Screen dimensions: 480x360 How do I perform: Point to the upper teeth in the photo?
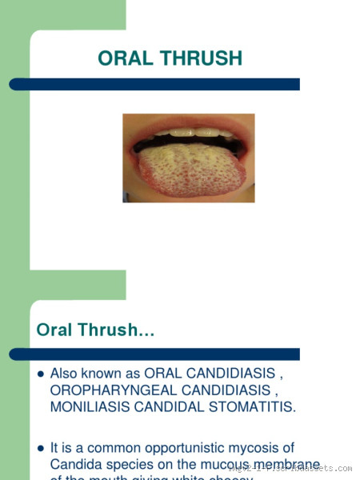coord(189,133)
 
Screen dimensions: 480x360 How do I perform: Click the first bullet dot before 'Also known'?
coord(41,374)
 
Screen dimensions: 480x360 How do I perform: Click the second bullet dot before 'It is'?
coord(41,449)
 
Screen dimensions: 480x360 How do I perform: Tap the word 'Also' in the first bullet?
coord(65,373)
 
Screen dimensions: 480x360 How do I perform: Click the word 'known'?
coord(105,373)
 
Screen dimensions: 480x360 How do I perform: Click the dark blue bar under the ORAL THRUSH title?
coord(160,84)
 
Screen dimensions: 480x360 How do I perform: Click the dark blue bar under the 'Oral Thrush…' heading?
coord(160,354)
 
